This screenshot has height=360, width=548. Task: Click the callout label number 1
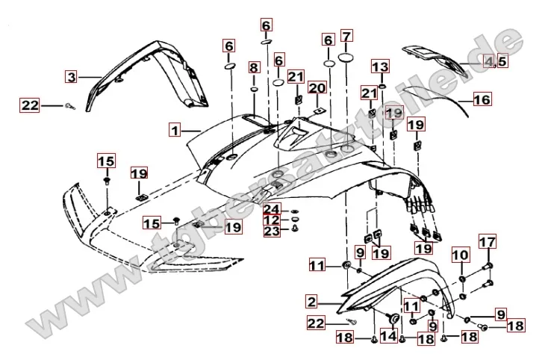pos(174,130)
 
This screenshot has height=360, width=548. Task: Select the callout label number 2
pos(311,302)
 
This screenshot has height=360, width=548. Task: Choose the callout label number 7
pos(346,36)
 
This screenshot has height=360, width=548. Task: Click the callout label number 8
pos(254,69)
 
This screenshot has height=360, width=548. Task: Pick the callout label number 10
pos(460,255)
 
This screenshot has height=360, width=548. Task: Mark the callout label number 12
pos(271,220)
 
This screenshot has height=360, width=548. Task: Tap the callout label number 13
pos(381,67)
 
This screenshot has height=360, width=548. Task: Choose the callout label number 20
pos(317,88)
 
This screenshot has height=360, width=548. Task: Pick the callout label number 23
pos(271,231)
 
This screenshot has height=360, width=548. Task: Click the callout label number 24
pos(271,208)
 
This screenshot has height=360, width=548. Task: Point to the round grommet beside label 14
pos(390,320)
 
